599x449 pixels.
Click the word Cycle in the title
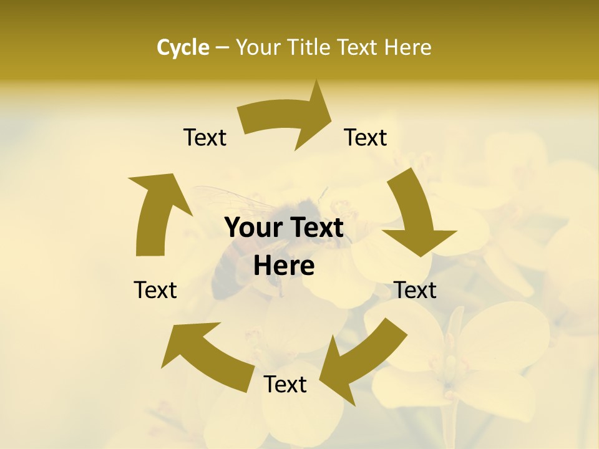(183, 47)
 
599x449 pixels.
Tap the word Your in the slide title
(259, 47)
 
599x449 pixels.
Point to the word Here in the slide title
(408, 47)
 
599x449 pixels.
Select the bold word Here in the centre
(284, 266)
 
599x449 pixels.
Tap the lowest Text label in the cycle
(285, 385)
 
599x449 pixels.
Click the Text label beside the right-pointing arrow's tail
(205, 138)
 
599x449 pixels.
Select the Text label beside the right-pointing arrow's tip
(366, 138)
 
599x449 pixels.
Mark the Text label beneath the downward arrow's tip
(415, 290)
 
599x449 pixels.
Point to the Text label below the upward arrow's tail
(155, 290)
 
